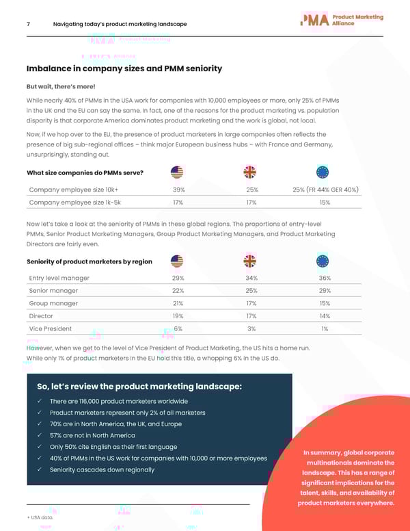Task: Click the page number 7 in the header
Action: click(x=27, y=24)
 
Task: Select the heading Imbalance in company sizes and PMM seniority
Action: click(x=124, y=68)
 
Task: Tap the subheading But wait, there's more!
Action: click(x=61, y=87)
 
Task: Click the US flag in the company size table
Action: click(x=178, y=172)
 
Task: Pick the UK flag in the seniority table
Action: click(x=250, y=261)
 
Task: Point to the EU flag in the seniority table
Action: click(x=323, y=261)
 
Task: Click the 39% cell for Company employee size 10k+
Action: click(x=178, y=190)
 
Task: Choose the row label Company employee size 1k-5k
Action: click(x=75, y=203)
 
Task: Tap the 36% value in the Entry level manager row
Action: click(x=325, y=278)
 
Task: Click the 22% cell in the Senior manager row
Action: click(x=178, y=291)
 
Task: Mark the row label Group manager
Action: click(x=53, y=303)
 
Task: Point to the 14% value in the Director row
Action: click(x=325, y=316)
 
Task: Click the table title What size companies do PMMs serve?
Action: click(x=85, y=172)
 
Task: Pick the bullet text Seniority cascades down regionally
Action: click(x=102, y=469)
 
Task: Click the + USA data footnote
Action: click(x=41, y=518)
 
